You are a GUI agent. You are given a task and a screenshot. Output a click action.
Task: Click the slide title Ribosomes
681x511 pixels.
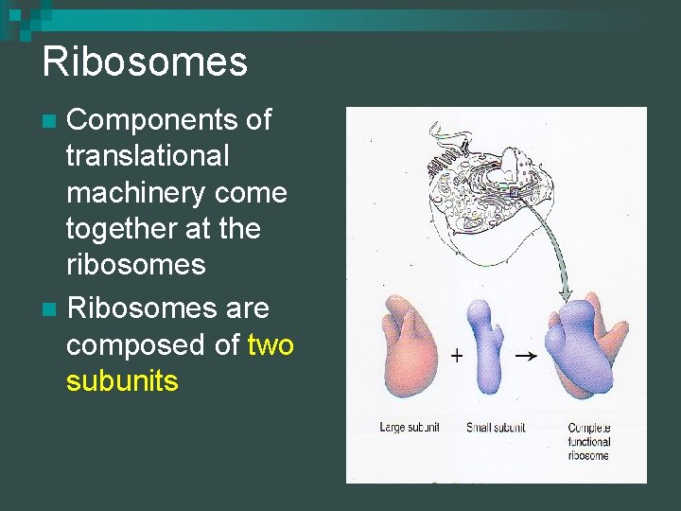pyautogui.click(x=145, y=62)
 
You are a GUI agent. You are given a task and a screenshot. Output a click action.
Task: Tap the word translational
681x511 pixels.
pyautogui.click(x=148, y=156)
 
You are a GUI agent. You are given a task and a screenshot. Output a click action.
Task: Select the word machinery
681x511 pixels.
pyautogui.click(x=138, y=192)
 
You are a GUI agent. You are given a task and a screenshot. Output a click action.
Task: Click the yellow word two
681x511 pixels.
pyautogui.click(x=271, y=345)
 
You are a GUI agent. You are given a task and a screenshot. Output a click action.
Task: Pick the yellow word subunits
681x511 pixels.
pyautogui.click(x=122, y=381)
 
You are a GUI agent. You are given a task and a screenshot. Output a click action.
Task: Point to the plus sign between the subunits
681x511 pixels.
pyautogui.click(x=457, y=357)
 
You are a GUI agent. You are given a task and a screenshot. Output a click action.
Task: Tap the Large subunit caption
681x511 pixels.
pyautogui.click(x=410, y=428)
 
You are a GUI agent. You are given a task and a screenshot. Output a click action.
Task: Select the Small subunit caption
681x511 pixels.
pyautogui.click(x=496, y=428)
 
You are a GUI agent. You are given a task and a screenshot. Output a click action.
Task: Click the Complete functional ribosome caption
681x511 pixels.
pyautogui.click(x=589, y=441)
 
